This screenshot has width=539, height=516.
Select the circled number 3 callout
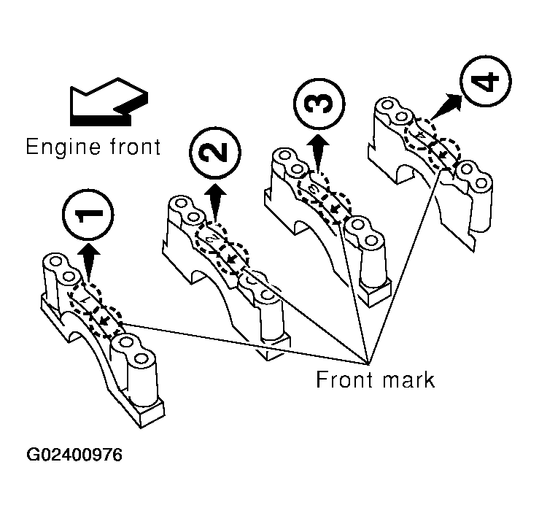(317, 103)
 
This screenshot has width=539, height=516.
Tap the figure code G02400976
(75, 455)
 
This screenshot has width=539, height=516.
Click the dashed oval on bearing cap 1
(96, 312)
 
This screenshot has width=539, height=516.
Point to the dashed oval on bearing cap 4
(433, 143)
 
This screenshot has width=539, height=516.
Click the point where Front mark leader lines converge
(366, 360)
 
